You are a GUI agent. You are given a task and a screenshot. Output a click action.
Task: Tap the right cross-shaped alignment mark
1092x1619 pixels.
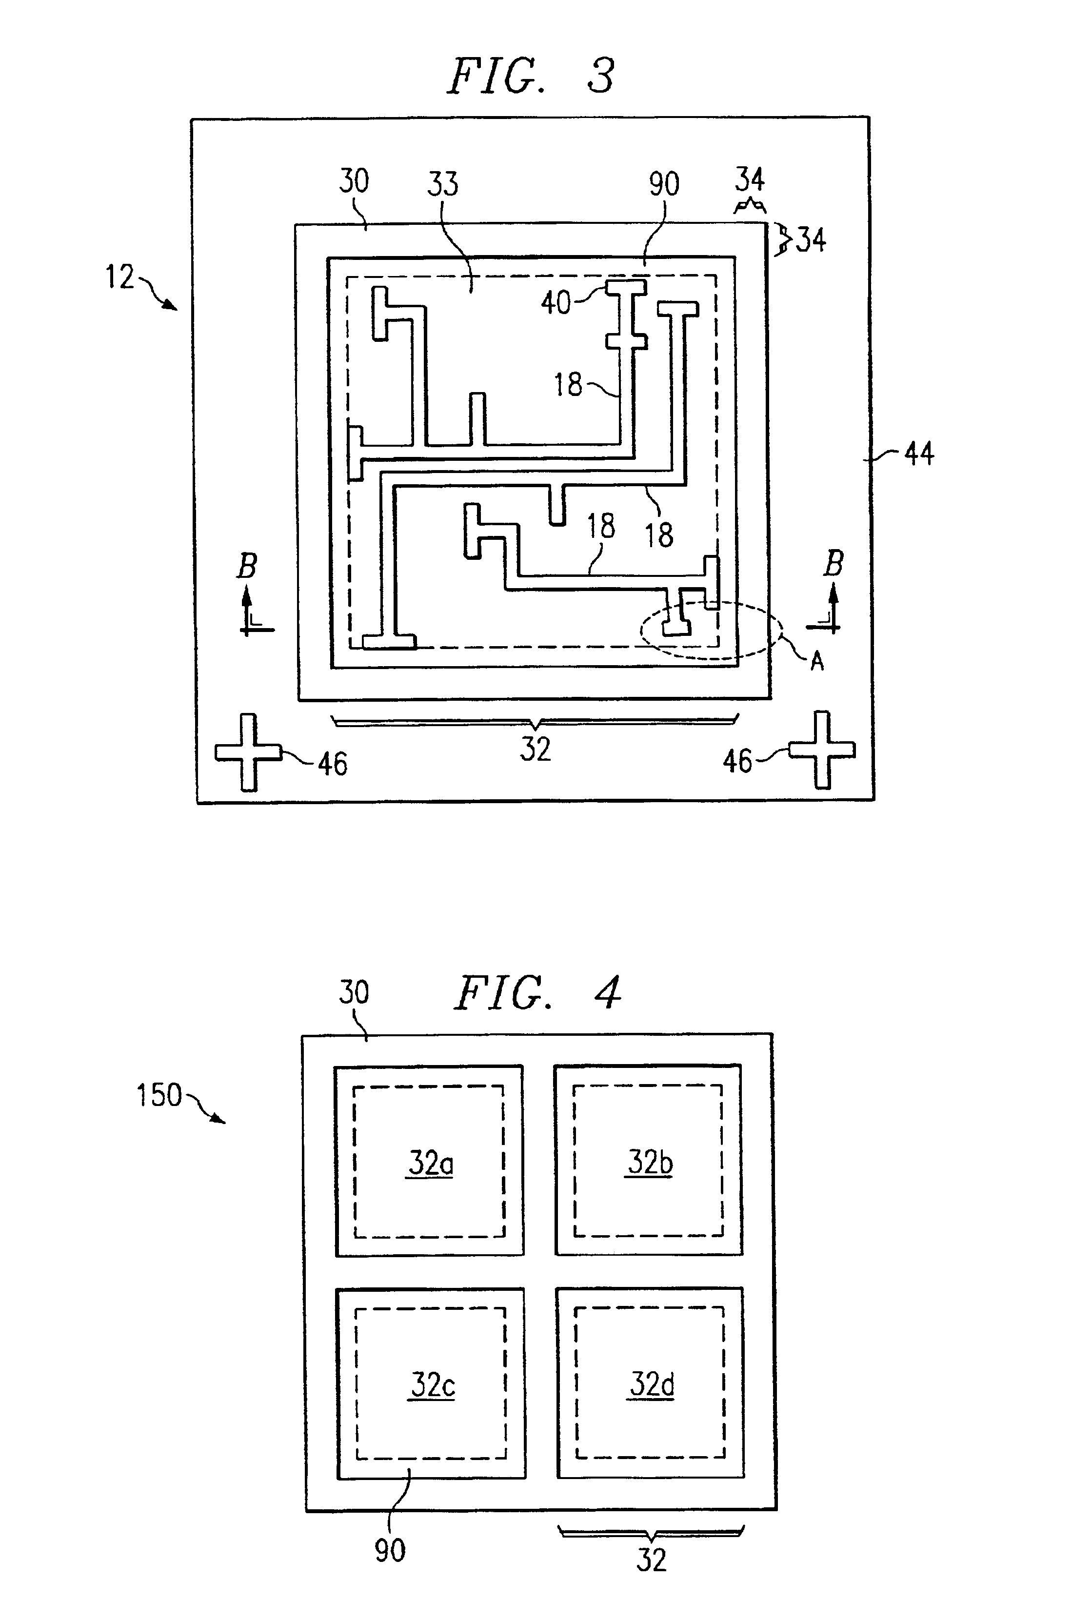pos(822,750)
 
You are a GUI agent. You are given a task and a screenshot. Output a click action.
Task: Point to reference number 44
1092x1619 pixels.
pos(918,454)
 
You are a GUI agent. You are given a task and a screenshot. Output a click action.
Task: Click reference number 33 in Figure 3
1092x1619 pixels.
pos(443,184)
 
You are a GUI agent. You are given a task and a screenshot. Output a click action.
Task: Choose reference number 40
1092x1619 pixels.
pos(556,303)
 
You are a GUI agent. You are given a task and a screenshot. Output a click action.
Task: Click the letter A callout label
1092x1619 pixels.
pos(817,661)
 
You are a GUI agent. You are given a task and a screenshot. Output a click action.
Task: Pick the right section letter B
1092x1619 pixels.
pos(834,563)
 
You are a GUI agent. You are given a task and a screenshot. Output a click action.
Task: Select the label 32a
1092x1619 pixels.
pos(430,1163)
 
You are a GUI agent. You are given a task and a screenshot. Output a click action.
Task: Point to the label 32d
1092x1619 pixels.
pos(652,1384)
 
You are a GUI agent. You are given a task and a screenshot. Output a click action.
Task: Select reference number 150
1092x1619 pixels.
pos(159,1095)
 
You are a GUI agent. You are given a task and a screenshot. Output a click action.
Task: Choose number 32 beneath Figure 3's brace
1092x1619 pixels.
pos(535,749)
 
